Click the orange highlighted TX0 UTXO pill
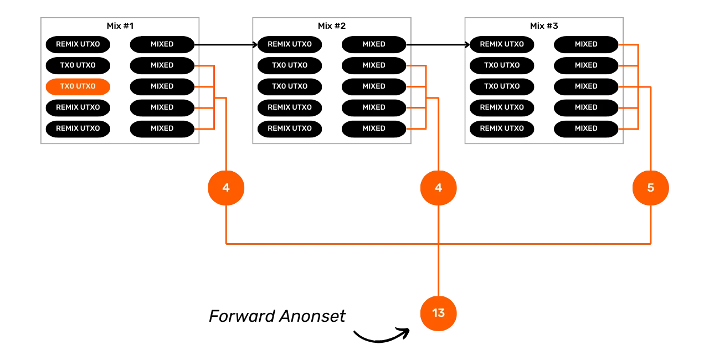(x=78, y=86)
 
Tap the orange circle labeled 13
(x=438, y=313)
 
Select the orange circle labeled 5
(x=650, y=188)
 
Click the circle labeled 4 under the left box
(x=226, y=188)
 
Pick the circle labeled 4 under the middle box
(x=438, y=188)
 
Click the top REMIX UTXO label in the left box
(x=78, y=44)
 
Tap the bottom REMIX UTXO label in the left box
(x=78, y=128)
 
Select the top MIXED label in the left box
(x=162, y=44)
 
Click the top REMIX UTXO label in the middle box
(x=290, y=44)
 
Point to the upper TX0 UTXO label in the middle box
(x=290, y=65)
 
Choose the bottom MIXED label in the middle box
(x=374, y=128)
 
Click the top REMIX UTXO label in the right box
(x=502, y=44)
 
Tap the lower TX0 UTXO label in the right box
(x=502, y=86)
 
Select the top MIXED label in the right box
(x=586, y=44)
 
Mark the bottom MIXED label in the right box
(x=586, y=128)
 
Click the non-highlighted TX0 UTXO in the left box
(x=78, y=65)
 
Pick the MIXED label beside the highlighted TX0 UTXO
(x=162, y=86)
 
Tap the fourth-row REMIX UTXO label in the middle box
(x=290, y=107)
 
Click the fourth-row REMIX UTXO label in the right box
(x=502, y=107)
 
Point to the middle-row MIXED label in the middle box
(x=374, y=86)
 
